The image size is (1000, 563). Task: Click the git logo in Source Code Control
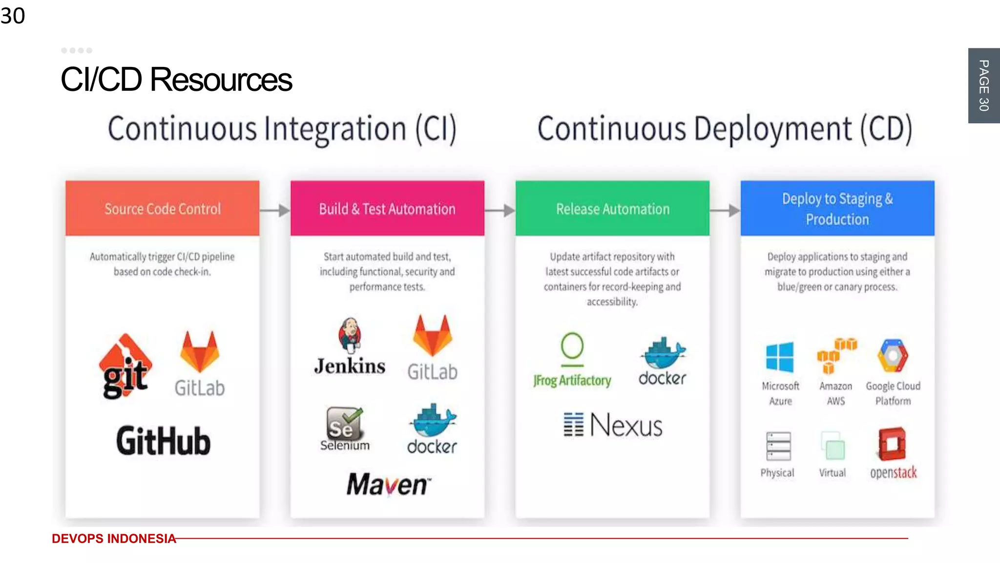[x=125, y=367]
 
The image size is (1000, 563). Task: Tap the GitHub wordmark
[x=164, y=441]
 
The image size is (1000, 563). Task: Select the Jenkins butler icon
[x=350, y=335]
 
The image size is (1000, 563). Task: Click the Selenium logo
[x=344, y=425]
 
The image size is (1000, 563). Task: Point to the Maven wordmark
[x=389, y=484]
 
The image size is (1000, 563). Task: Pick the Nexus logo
[x=613, y=425]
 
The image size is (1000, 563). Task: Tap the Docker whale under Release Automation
[x=663, y=353]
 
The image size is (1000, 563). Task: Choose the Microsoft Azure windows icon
[x=780, y=358]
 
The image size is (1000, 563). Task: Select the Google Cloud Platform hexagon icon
[x=893, y=356]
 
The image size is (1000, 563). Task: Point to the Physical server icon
[x=778, y=446]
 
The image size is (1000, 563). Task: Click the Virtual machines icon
[x=833, y=446]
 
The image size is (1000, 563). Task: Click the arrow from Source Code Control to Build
[x=275, y=211]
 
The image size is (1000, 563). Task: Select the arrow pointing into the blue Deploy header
[x=725, y=211]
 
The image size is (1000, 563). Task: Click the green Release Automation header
[x=612, y=209]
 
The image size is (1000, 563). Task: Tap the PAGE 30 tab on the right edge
[x=984, y=86]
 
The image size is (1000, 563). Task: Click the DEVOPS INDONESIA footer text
[x=114, y=539]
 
